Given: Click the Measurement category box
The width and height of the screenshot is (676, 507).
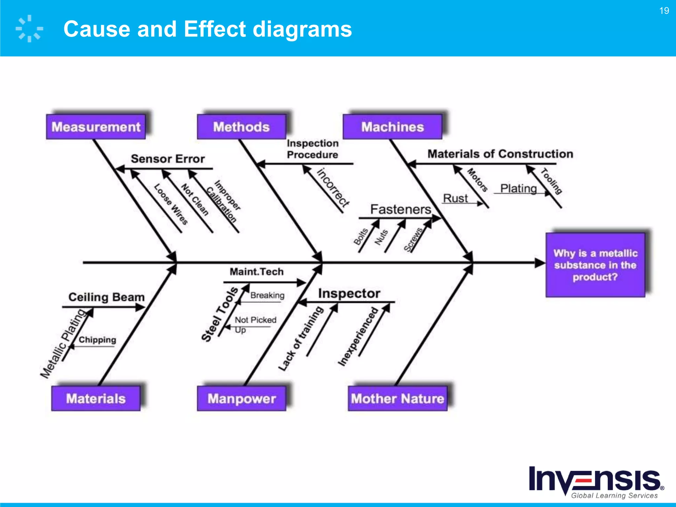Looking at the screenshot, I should (x=96, y=127).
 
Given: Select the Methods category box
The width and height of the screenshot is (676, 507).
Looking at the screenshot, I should (x=241, y=127).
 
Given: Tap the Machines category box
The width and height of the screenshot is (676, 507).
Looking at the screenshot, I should (x=392, y=127).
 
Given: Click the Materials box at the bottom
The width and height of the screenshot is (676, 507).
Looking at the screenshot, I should (x=96, y=398).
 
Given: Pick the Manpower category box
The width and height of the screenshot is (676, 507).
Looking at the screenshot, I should (x=241, y=398).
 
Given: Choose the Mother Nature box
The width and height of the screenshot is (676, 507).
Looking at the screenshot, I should (x=397, y=398).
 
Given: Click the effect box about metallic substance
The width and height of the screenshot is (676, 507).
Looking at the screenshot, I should (x=595, y=265).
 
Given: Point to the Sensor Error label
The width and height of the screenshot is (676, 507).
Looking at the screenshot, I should (x=168, y=159).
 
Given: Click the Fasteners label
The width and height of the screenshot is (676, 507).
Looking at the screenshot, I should (x=400, y=209).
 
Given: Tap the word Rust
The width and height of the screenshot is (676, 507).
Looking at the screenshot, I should (x=455, y=198).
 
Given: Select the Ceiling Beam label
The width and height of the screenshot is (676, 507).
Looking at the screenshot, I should (x=106, y=297).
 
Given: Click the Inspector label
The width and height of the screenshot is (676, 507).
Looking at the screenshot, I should (x=349, y=293).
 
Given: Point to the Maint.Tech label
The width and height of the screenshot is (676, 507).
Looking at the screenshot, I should (x=256, y=272).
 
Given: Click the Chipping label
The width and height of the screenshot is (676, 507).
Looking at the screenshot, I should (x=97, y=340).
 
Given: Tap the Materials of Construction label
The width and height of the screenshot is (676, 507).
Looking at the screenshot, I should (x=500, y=154).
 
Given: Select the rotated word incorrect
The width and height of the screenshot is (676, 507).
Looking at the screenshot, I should (x=333, y=187).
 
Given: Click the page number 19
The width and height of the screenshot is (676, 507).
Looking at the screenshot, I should (x=664, y=11).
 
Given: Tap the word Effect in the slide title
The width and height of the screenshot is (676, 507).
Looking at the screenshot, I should (x=215, y=29).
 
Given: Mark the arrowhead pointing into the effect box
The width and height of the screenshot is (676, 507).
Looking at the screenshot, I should (x=540, y=263).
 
